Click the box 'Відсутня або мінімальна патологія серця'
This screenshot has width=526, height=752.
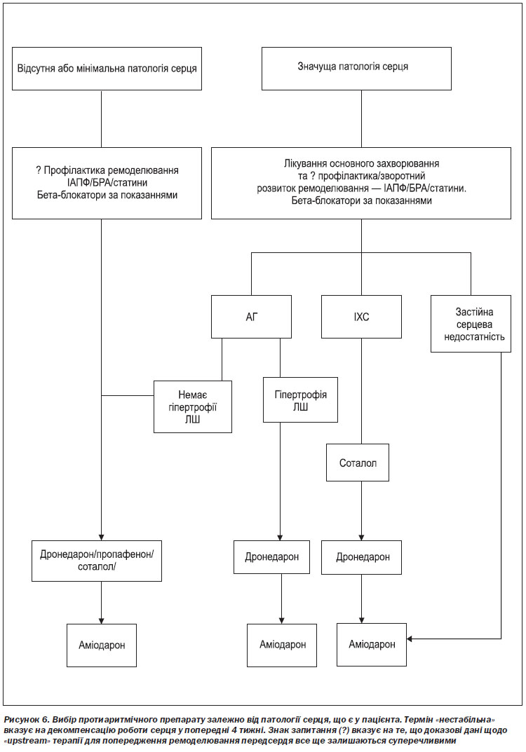point(107,69)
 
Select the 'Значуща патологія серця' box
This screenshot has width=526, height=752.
point(356,69)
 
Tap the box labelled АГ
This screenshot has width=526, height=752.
point(252,317)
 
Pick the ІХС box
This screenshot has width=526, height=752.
point(361,317)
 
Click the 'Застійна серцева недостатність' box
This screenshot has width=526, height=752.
point(471,324)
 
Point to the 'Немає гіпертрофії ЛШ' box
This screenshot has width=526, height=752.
point(193,406)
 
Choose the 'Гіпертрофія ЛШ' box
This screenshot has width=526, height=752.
point(300,400)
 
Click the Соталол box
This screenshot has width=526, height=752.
point(358,463)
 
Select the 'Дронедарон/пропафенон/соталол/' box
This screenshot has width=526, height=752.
point(97,561)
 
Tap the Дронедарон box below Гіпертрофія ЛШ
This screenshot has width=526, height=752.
point(271,557)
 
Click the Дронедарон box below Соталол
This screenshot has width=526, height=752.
point(361,557)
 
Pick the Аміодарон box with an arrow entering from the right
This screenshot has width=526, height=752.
point(372,645)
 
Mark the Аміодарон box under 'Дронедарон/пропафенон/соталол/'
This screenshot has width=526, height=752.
point(102,645)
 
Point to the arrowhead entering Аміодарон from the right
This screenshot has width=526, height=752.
point(410,639)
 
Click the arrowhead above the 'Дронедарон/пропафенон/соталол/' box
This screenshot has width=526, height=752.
point(101,537)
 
